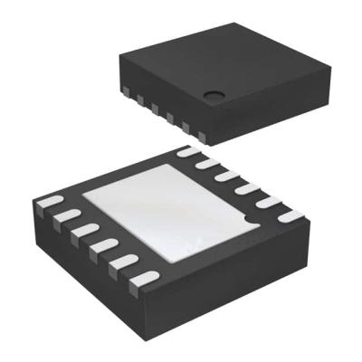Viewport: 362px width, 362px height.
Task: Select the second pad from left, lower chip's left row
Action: [x=70, y=214]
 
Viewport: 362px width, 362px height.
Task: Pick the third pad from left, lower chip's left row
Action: [x=87, y=230]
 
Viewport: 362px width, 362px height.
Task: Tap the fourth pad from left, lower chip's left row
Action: [x=105, y=246]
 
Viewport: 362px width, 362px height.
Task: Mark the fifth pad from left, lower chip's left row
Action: [x=123, y=264]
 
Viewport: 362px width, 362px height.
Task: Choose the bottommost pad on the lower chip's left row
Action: [x=142, y=282]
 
